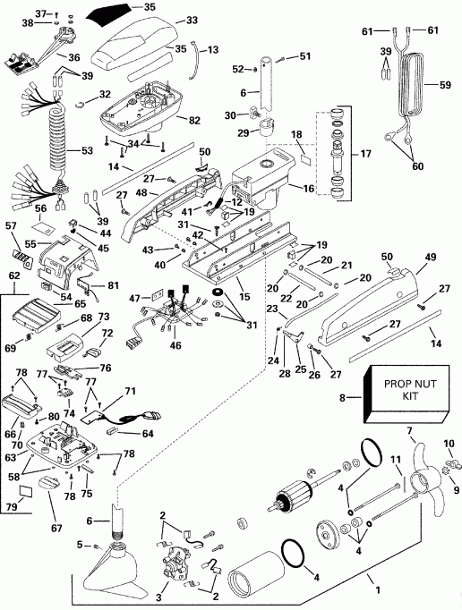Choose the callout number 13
tap(213, 49)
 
